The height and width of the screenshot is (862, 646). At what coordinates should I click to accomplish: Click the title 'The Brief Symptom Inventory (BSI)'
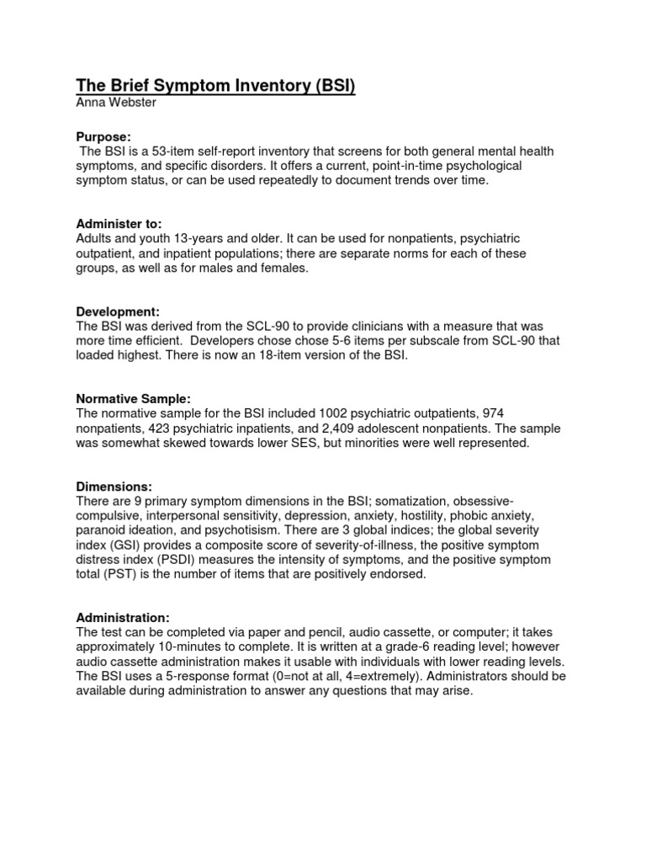tap(215, 87)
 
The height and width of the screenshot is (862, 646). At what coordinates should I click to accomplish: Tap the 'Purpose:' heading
tap(103, 136)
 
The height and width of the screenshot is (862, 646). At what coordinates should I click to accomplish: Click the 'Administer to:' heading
tap(119, 224)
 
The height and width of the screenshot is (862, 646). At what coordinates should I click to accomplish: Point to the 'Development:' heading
tap(118, 311)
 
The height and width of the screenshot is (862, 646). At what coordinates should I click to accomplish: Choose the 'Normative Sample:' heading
tap(134, 398)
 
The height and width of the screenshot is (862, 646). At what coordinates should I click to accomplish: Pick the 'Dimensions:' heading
tap(114, 486)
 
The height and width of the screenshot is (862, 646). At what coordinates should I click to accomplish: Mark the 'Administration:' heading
tap(123, 617)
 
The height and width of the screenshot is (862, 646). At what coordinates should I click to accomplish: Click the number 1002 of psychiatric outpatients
tap(332, 413)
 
